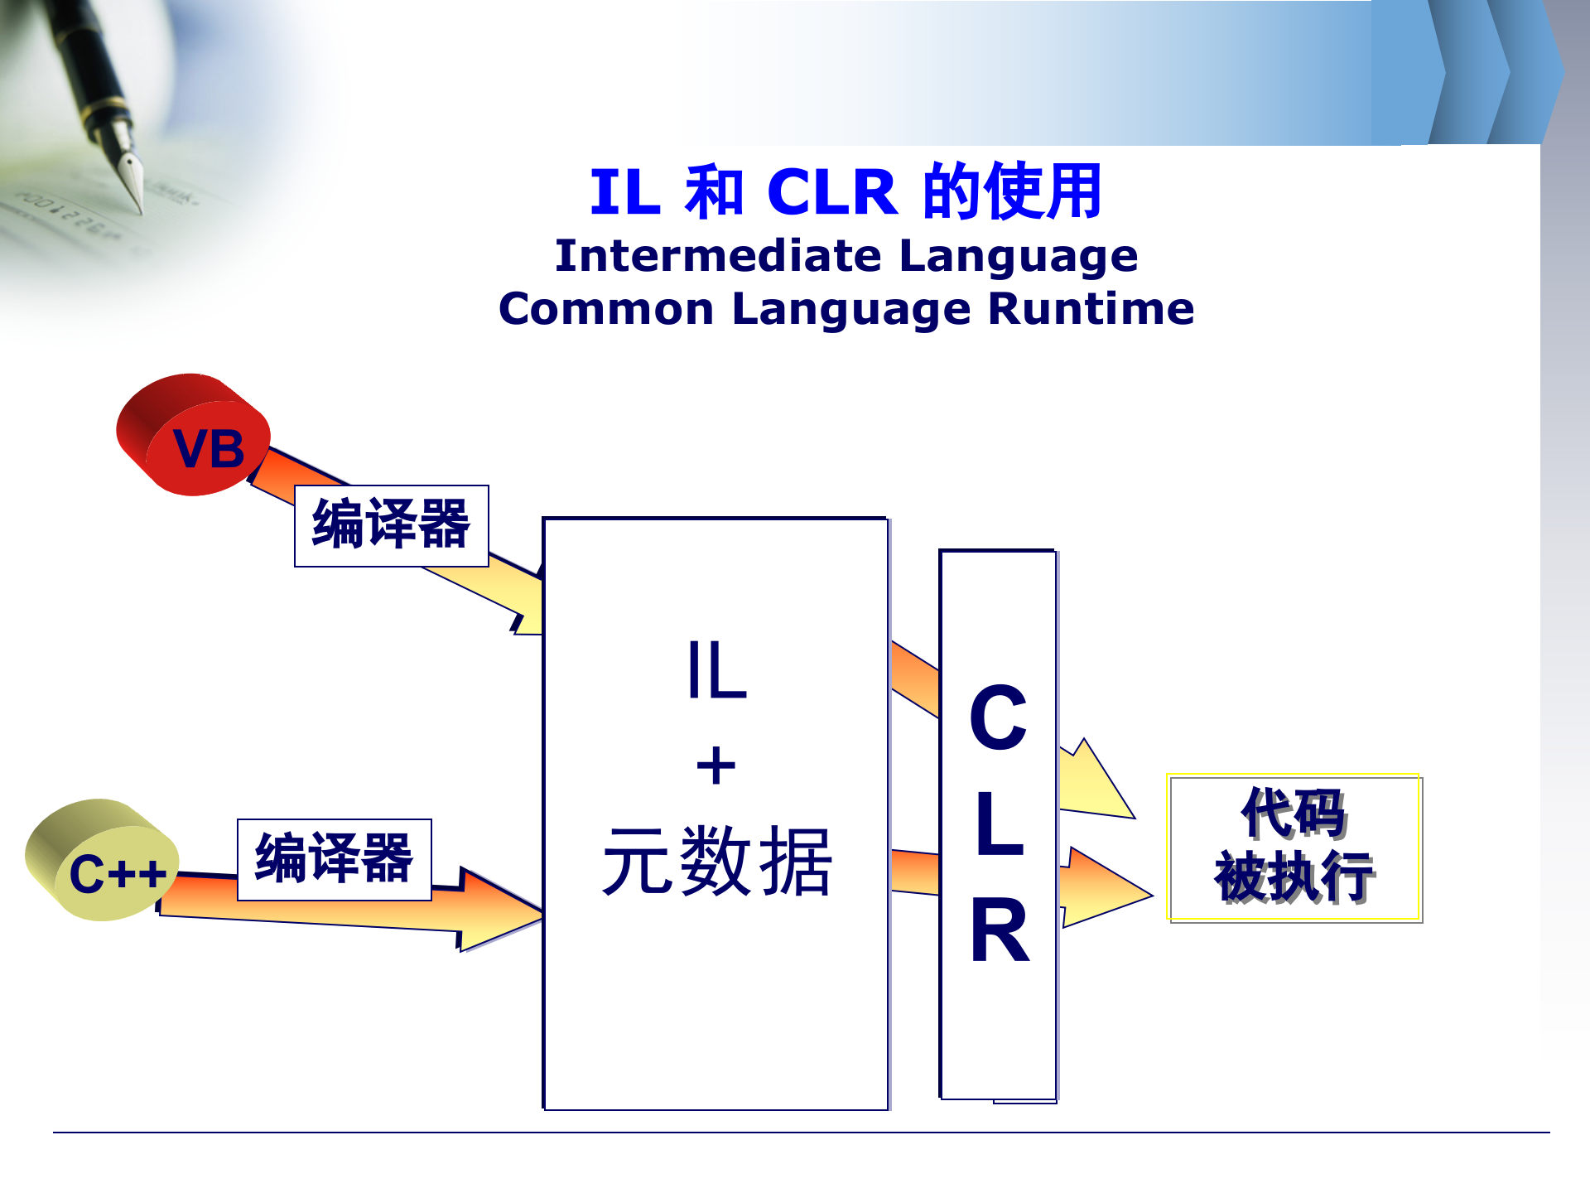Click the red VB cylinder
point(194,436)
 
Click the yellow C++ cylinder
point(103,862)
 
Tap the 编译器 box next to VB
point(391,525)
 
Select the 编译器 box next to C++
point(334,859)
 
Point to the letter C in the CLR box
point(998,717)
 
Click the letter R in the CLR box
point(1000,931)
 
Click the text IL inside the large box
point(716,671)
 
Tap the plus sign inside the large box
point(716,766)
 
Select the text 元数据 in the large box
point(717,862)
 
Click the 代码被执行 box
point(1294,848)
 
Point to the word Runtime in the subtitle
point(1091,309)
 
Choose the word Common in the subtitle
point(606,309)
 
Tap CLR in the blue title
point(831,192)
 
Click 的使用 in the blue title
point(1012,192)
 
